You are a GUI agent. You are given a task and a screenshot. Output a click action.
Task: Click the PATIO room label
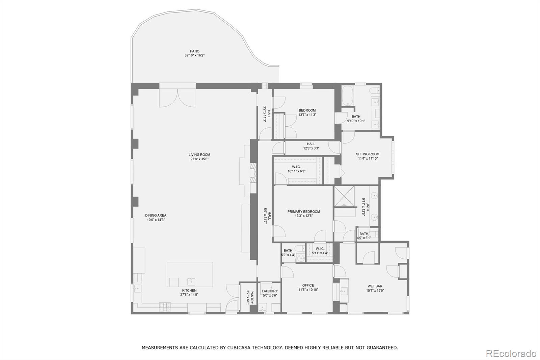[194, 51]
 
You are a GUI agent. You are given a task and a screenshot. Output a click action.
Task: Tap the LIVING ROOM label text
[199, 155]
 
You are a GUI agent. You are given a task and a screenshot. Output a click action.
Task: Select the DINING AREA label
[156, 215]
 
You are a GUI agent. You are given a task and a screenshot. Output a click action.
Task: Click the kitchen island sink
[191, 281]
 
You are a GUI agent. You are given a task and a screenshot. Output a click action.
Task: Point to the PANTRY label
[252, 297]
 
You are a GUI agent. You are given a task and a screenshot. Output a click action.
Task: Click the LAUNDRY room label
[270, 291]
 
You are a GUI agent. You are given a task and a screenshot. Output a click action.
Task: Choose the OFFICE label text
[308, 285]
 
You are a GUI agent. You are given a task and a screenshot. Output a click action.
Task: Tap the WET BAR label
[375, 286]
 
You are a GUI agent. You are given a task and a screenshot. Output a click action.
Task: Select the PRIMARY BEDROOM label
[304, 212]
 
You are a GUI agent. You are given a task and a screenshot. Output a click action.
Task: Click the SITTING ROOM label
[368, 154]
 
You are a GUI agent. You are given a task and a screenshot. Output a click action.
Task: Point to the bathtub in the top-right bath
[348, 96]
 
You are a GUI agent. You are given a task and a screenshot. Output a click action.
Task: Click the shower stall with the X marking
[344, 197]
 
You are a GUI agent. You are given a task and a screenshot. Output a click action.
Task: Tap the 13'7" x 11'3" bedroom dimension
[307, 115]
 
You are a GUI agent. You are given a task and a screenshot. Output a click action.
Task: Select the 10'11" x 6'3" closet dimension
[296, 171]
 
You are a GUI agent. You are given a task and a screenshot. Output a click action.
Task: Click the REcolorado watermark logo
[511, 354]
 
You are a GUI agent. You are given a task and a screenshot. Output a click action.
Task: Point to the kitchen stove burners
[165, 307]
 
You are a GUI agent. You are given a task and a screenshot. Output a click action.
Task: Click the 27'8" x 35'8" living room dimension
[199, 159]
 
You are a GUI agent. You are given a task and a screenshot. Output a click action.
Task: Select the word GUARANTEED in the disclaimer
[382, 348]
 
